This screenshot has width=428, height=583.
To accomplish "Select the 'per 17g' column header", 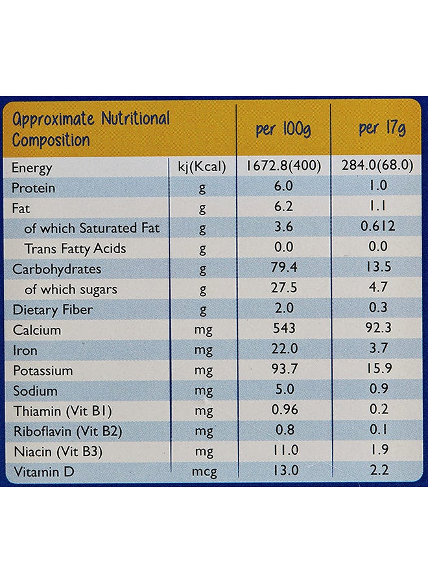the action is (x=382, y=129).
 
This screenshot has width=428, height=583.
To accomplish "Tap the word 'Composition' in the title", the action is (x=51, y=141).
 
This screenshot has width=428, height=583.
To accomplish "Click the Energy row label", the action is (x=32, y=168).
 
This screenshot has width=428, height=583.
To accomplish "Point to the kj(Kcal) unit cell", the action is (x=202, y=167).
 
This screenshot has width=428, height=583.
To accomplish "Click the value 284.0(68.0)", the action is (x=377, y=165).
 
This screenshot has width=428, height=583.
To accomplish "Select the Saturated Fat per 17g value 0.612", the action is (x=378, y=226).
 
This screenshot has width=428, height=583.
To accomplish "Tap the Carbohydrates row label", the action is (x=56, y=269).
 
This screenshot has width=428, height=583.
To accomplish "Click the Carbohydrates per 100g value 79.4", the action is (x=283, y=268).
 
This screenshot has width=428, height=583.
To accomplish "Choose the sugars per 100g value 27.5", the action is (x=283, y=288).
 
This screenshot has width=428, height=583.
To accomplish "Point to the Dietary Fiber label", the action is (x=53, y=310).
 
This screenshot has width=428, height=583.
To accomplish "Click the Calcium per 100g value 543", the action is (x=284, y=328).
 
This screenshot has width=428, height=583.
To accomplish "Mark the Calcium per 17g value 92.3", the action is (x=378, y=328).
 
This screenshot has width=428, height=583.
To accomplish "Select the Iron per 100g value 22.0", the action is (x=284, y=349).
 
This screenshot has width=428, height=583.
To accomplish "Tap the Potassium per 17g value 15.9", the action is (x=379, y=368).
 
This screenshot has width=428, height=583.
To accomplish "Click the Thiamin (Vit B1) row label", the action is (x=62, y=411).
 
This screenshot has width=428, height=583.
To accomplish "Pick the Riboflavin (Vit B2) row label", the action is (x=67, y=431).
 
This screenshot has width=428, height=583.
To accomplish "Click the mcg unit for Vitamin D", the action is (x=204, y=472).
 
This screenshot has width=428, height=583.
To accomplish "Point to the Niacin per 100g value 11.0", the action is (x=285, y=450).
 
